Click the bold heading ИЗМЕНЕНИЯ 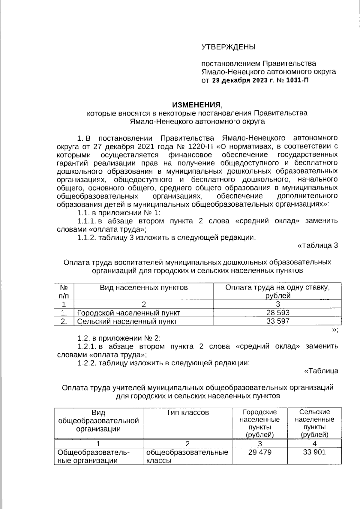click(x=196, y=105)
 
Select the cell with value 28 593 click(x=278, y=313)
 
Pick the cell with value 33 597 click(x=278, y=321)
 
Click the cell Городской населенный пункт click(x=129, y=313)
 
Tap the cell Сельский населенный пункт click(x=127, y=321)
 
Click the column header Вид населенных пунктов click(x=144, y=288)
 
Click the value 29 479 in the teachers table click(x=260, y=452)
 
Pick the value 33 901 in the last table click(x=314, y=452)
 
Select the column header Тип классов click(x=187, y=412)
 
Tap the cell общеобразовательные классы click(x=187, y=456)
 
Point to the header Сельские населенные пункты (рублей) click(x=314, y=423)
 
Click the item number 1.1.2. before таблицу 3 click(x=87, y=238)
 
